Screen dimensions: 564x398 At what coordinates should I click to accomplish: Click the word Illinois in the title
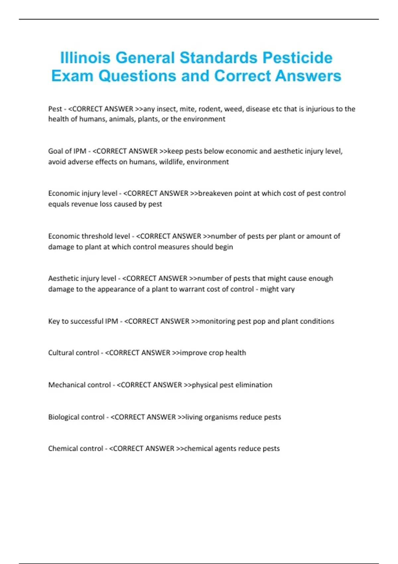coord(85,58)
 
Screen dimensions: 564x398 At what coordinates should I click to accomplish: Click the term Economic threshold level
coord(89,236)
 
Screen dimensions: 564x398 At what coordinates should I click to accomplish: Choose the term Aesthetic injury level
coord(82,278)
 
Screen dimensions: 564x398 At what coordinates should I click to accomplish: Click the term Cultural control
coord(73,353)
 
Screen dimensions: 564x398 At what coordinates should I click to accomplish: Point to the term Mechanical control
coord(79,385)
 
